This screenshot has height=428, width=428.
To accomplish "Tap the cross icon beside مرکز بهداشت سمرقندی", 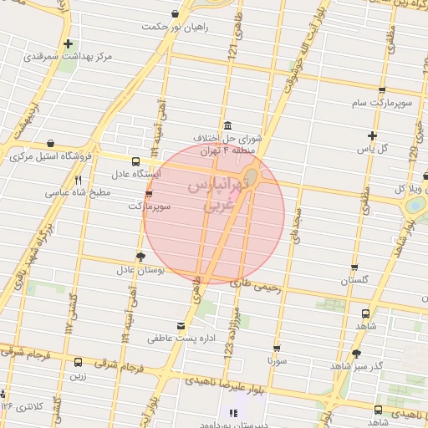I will coord(68,43).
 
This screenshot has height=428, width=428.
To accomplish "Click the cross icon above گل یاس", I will coord(373,135).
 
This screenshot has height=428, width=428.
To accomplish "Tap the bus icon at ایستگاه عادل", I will coord(135,160).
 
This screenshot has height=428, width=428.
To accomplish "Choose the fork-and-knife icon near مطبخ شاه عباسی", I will coord(78,180).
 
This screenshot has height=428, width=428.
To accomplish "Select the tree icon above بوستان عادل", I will coord(140,257).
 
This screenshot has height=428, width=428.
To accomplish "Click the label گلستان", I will coord(356,281).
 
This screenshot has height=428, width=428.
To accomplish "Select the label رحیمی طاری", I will coord(244,284).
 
